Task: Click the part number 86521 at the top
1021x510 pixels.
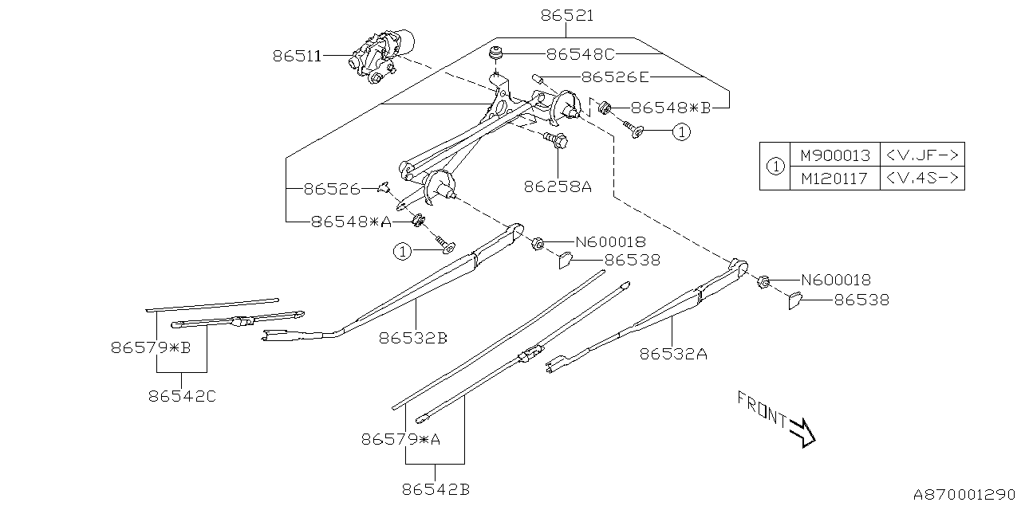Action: pyautogui.click(x=566, y=15)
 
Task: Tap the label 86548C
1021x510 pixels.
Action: pyautogui.click(x=581, y=55)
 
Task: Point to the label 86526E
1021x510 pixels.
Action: pyautogui.click(x=616, y=77)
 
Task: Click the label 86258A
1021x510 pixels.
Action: pyautogui.click(x=558, y=186)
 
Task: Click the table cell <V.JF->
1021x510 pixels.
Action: pyautogui.click(x=921, y=155)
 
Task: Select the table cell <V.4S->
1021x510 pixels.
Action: pyautogui.click(x=921, y=178)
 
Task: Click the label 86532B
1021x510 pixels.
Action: pyautogui.click(x=413, y=338)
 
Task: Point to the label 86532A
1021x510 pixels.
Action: pyautogui.click(x=673, y=354)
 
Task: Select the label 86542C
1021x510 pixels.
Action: pyautogui.click(x=182, y=395)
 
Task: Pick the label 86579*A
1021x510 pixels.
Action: pyautogui.click(x=401, y=438)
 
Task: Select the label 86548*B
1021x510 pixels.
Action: pyautogui.click(x=670, y=108)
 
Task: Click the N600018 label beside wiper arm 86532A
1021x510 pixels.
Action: pyautogui.click(x=835, y=280)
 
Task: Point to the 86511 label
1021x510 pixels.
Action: pyautogui.click(x=297, y=56)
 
